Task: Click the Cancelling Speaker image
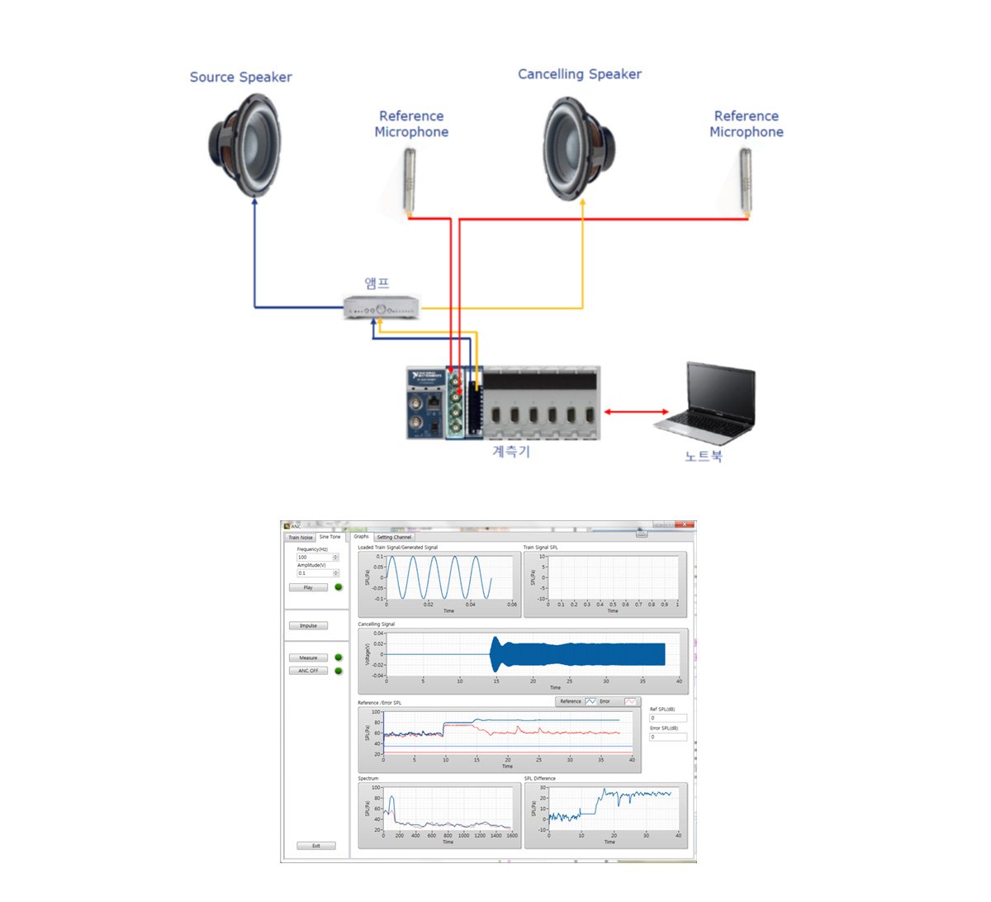(x=578, y=149)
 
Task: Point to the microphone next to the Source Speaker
(x=410, y=179)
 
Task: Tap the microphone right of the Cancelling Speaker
(x=745, y=179)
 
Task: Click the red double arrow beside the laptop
(x=637, y=411)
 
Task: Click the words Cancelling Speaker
(x=579, y=74)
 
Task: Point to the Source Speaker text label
(x=240, y=78)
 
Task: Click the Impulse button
(x=308, y=625)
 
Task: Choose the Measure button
(x=308, y=658)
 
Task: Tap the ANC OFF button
(x=308, y=671)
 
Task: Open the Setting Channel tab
(x=394, y=537)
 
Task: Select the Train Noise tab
(x=300, y=537)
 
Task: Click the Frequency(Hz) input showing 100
(x=314, y=557)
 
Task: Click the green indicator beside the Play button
(x=339, y=587)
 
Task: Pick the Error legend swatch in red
(x=630, y=701)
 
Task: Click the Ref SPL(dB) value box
(x=667, y=718)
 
